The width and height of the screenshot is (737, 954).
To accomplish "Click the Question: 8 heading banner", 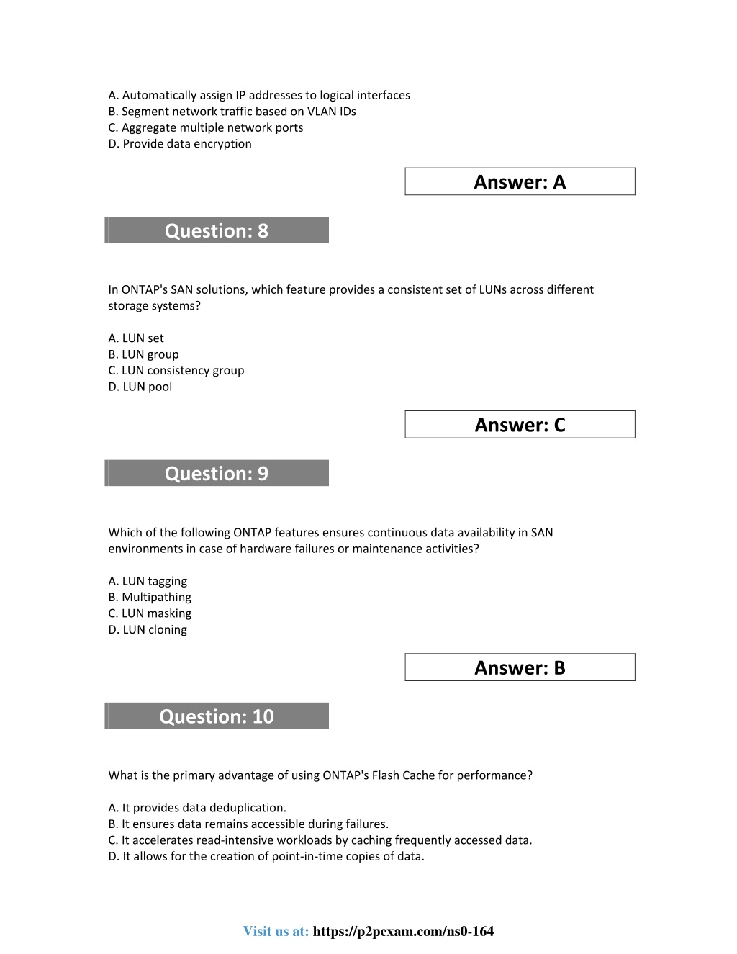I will pyautogui.click(x=217, y=230).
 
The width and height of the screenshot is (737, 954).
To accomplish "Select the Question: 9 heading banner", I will pyautogui.click(x=217, y=473).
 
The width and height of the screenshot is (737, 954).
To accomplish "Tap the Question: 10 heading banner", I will pyautogui.click(x=217, y=716).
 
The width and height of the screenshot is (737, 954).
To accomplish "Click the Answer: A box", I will pyautogui.click(x=520, y=182).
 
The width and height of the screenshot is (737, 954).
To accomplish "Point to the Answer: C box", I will pyautogui.click(x=520, y=425).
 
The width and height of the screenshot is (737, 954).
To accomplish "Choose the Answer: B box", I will pyautogui.click(x=520, y=667).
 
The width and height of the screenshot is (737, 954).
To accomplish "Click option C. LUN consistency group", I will pyautogui.click(x=176, y=370).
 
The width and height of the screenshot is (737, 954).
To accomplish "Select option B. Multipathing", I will pyautogui.click(x=150, y=597).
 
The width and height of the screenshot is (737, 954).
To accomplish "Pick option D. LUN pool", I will pyautogui.click(x=140, y=387).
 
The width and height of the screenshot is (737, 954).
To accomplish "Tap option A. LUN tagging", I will pyautogui.click(x=148, y=581).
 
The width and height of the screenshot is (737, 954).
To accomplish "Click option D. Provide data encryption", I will pyautogui.click(x=180, y=143).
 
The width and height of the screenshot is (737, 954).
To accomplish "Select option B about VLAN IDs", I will pyautogui.click(x=232, y=112).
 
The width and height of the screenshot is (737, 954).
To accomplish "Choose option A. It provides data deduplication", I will pyautogui.click(x=197, y=808).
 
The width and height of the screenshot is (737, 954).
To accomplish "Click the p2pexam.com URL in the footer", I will pyautogui.click(x=403, y=931).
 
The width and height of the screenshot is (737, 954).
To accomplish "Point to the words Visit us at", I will pyautogui.click(x=276, y=931).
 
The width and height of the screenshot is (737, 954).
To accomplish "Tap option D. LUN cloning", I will pyautogui.click(x=148, y=629).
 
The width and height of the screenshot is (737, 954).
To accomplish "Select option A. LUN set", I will pyautogui.click(x=136, y=338).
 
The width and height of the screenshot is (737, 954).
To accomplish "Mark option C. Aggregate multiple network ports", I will pyautogui.click(x=206, y=127).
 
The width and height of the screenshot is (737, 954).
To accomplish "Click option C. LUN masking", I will pyautogui.click(x=150, y=613).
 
